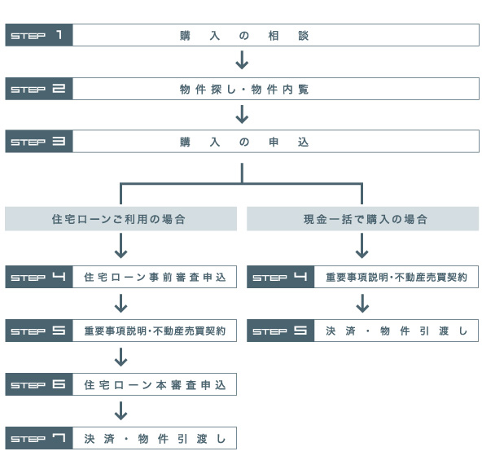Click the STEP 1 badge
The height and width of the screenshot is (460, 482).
pos(39,35)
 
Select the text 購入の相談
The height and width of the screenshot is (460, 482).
pos(244,36)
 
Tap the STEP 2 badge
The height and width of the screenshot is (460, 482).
pos(39,89)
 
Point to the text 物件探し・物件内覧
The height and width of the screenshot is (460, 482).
pos(244,90)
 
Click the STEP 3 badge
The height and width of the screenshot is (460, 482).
pos(39,142)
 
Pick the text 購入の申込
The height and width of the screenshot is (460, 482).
pos(244,142)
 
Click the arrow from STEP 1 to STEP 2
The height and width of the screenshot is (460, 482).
pos(242,59)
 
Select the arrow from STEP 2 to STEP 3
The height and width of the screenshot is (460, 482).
pos(242,114)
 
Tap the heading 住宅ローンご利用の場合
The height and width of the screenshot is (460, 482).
pos(119,219)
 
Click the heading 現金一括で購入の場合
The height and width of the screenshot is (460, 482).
pos(366,219)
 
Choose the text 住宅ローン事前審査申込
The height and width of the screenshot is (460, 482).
pos(155,278)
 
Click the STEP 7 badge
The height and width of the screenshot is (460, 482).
pos(39,438)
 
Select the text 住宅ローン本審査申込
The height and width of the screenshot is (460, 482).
pos(155,385)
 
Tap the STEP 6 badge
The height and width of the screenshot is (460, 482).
pos(39,384)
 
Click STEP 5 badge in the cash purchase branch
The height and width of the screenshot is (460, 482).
pos(281,331)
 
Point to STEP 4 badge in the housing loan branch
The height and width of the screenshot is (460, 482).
pos(39,277)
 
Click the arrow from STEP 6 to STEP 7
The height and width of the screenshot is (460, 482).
pos(120,410)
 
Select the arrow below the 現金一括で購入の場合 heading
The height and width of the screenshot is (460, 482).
pos(361,246)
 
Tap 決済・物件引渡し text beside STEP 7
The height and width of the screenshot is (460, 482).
pos(155,439)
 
